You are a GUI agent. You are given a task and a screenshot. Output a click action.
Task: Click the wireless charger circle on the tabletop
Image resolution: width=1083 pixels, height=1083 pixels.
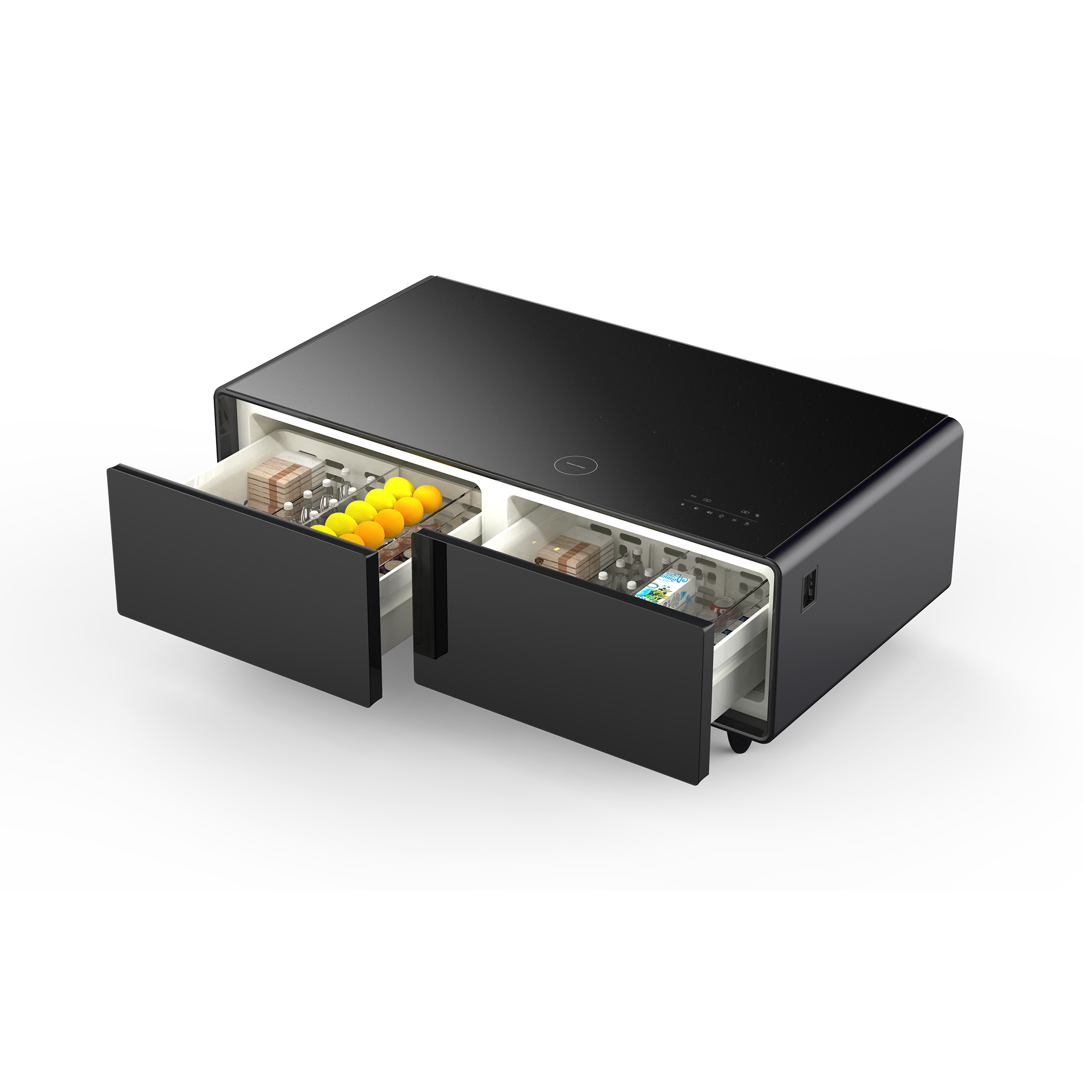tap(575, 465)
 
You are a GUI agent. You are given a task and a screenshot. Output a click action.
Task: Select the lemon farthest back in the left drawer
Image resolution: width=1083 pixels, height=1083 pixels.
tap(399, 488)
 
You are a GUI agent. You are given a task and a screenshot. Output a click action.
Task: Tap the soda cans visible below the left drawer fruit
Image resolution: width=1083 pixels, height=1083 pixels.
tap(393, 558)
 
